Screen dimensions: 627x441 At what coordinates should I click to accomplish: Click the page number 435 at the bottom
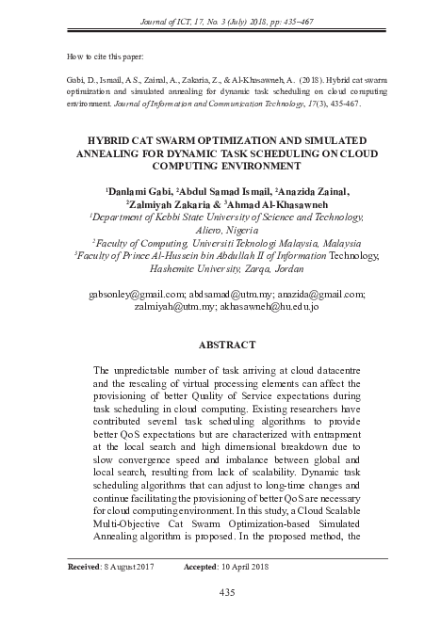pos(226,592)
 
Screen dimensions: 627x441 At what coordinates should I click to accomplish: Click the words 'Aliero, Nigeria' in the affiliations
pos(225,228)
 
